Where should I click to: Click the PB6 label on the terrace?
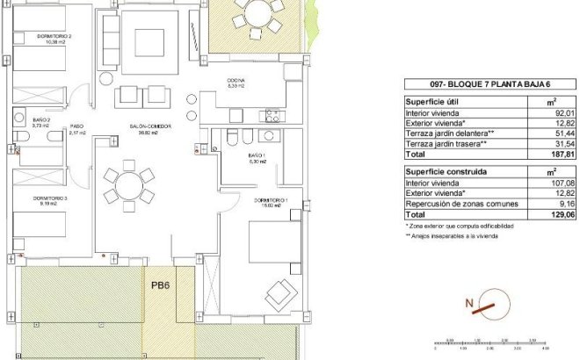159,285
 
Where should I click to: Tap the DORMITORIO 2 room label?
54,37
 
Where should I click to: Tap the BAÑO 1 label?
257,156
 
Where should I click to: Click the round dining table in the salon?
125,188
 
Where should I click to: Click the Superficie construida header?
445,172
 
